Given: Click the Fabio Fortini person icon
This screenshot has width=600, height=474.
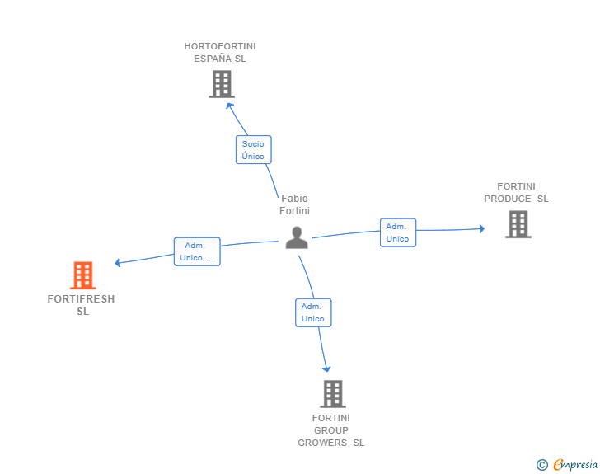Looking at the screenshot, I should click(297, 237).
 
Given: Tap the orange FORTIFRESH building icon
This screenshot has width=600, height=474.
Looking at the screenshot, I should click(82, 275).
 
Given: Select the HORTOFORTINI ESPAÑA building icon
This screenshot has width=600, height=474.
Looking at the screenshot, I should click(221, 84).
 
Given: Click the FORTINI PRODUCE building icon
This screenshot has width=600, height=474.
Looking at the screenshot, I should click(518, 224).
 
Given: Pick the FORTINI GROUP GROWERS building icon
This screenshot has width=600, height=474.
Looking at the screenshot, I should click(332, 394).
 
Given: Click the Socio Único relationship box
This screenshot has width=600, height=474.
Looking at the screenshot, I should click(253, 150).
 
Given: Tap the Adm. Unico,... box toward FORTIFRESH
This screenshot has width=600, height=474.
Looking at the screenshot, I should click(196, 251).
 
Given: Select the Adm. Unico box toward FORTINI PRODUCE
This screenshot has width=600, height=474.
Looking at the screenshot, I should click(397, 232).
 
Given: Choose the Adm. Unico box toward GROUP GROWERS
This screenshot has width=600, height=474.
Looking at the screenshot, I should click(313, 312).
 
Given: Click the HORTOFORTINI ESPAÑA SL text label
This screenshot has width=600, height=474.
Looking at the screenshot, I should click(220, 53).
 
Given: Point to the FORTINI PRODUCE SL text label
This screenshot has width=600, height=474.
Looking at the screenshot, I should click(516, 193).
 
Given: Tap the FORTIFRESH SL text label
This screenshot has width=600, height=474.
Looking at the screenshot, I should click(82, 305).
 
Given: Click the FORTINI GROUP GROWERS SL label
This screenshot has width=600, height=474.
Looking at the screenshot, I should click(331, 430).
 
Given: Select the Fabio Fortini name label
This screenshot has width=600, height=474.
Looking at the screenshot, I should click(294, 204).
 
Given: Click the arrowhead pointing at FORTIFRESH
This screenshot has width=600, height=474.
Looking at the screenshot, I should click(119, 263).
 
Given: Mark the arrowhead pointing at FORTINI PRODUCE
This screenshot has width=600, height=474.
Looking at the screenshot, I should click(481, 228).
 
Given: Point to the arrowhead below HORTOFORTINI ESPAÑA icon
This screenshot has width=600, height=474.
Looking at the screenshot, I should click(230, 105).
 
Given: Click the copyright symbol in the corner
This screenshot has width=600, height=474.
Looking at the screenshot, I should click(541, 465).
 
